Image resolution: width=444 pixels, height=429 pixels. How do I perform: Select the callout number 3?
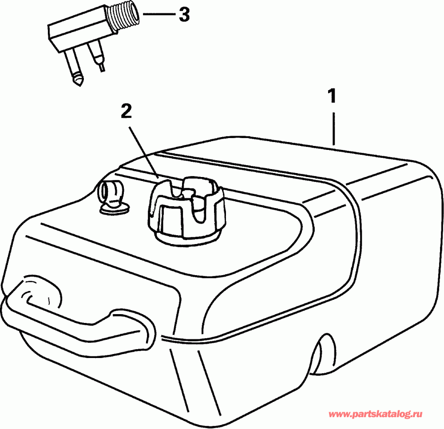coord(184,15)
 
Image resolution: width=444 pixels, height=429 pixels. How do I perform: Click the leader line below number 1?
coord(334,128)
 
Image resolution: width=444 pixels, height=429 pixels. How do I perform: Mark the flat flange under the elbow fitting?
coord(114,209)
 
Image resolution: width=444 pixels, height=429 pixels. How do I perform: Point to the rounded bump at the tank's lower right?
coord(323,355)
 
